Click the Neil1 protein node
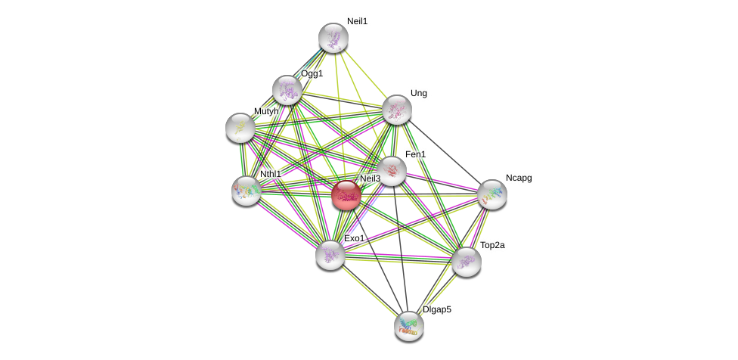coord(333,38)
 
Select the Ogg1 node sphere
coord(287,90)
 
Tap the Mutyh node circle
coord(240,128)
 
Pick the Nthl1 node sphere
coord(247,191)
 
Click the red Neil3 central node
coord(346,195)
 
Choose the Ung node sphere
coord(396,110)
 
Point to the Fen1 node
coord(392,171)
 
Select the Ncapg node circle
coord(491,194)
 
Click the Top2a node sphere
coord(466,262)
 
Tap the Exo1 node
coord(330,255)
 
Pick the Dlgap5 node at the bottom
coord(408,326)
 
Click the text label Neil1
coord(357,21)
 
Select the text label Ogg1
coord(312,73)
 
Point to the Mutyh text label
coord(266,111)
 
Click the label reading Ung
coord(419,93)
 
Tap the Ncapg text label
coord(519,178)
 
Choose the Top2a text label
coord(492,245)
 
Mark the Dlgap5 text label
coord(437,309)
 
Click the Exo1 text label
coord(355,238)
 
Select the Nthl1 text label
coord(271,174)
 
